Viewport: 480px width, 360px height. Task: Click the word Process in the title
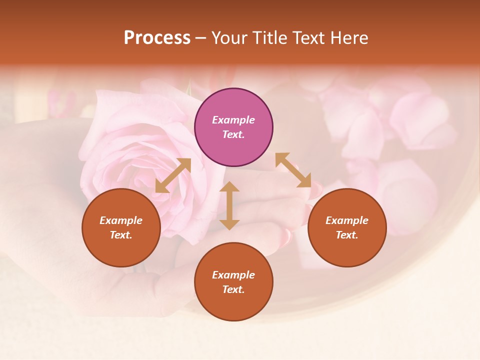click(157, 38)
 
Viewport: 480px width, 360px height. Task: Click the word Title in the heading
click(269, 38)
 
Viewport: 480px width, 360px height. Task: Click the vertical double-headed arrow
click(229, 205)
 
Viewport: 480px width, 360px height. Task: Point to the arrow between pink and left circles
click(173, 175)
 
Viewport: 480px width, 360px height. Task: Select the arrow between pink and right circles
click(293, 170)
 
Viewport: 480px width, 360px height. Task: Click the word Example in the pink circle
click(233, 120)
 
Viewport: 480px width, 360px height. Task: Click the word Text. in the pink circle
click(233, 134)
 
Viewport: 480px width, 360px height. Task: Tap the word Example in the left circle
click(121, 220)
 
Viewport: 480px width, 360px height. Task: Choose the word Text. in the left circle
click(121, 235)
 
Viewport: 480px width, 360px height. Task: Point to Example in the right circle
click(347, 220)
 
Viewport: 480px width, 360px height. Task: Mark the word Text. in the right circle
click(347, 235)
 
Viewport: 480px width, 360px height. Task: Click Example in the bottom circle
click(233, 275)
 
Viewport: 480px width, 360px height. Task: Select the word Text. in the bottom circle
click(233, 289)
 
